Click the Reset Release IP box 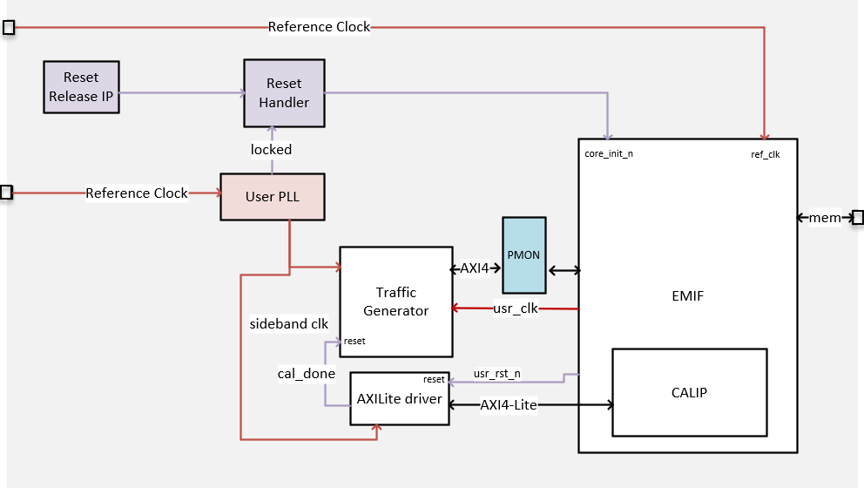[82, 87]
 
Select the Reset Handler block [284, 93]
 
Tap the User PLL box [272, 196]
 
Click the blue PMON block [524, 255]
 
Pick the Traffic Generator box [396, 302]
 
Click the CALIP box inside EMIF [689, 392]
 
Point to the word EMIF [688, 296]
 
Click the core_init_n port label [609, 154]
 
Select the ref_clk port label [766, 154]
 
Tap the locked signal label [271, 149]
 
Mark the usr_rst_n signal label [496, 373]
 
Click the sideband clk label [289, 323]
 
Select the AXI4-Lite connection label [509, 404]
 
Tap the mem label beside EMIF [824, 218]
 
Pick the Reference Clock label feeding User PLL [137, 193]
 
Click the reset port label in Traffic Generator [354, 341]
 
